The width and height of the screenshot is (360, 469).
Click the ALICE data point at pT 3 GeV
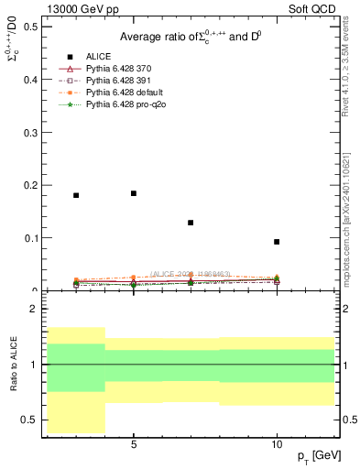76,195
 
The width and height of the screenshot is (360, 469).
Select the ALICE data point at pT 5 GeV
134,193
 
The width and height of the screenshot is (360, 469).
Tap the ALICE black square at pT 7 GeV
191,223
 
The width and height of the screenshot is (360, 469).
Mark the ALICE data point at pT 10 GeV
277,242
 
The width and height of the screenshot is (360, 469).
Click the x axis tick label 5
134,443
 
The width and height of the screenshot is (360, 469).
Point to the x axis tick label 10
277,443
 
